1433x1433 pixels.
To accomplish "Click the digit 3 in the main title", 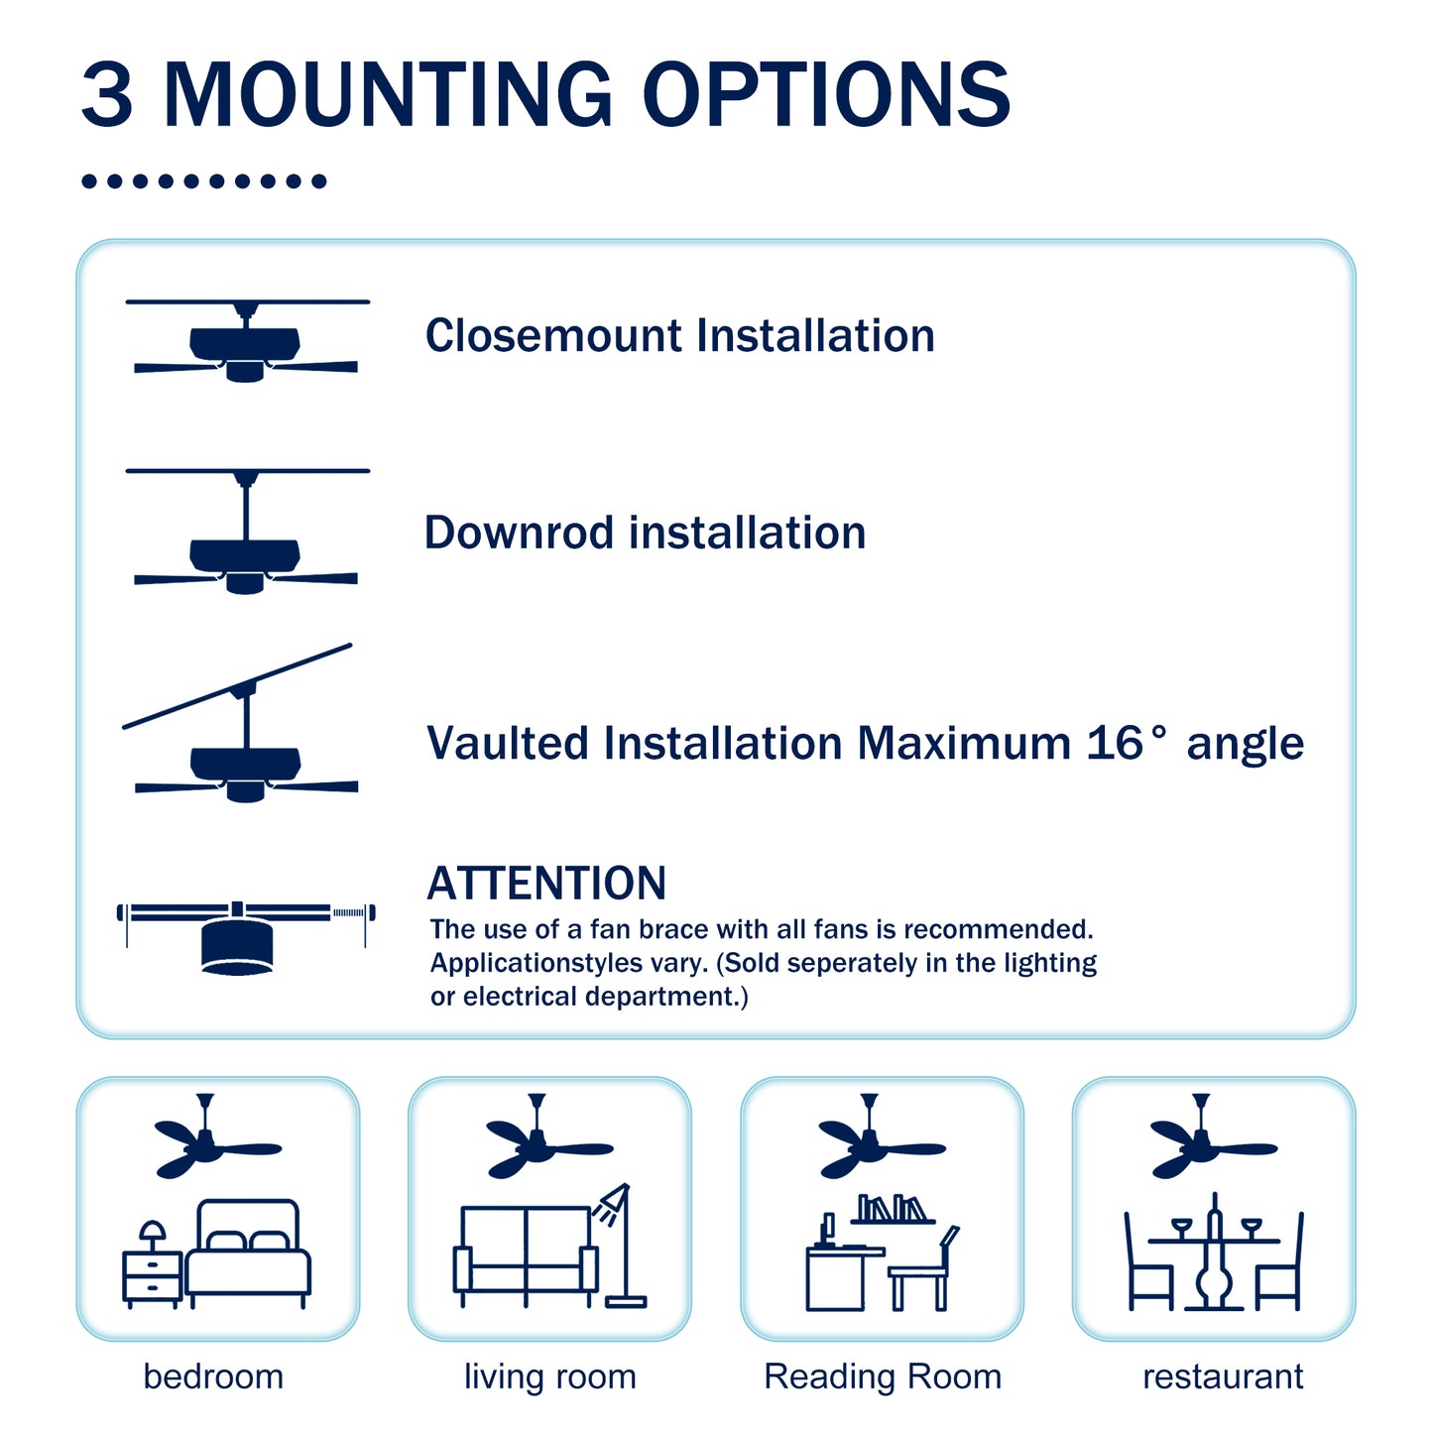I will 107,95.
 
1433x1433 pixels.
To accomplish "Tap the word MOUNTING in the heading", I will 388,95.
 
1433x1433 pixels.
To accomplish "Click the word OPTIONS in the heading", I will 826,95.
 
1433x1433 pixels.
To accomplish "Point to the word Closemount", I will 552,336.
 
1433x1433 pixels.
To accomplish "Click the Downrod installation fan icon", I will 246,536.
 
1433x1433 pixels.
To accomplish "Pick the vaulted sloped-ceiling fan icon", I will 244,729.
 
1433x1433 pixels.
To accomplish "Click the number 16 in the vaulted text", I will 1115,744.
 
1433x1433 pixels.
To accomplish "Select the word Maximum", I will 964,744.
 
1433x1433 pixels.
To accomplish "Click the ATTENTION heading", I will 546,884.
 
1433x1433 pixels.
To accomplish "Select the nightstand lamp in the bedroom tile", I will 152,1235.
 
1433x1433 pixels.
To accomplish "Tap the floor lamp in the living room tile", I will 621,1245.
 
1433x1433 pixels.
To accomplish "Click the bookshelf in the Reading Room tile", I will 893,1210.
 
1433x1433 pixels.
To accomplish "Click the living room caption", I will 549,1376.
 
